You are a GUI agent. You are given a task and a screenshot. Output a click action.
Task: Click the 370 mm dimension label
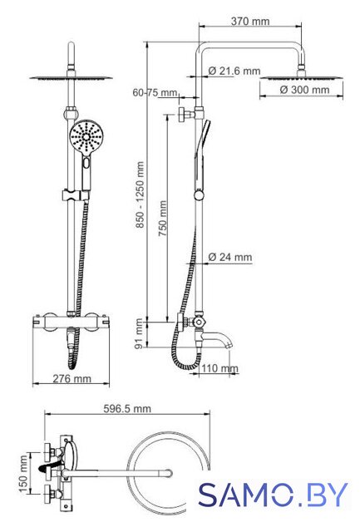click(250, 21)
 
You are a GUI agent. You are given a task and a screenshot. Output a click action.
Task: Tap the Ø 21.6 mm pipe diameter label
click(234, 71)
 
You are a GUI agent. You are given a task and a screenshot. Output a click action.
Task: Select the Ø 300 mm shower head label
click(304, 90)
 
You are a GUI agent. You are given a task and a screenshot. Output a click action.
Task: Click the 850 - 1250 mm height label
click(140, 195)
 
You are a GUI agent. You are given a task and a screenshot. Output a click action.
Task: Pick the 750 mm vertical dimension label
click(162, 218)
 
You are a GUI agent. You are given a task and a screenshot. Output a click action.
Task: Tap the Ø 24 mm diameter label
click(229, 257)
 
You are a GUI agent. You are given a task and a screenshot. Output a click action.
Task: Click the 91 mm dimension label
click(139, 333)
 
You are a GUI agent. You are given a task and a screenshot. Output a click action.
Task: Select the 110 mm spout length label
click(219, 368)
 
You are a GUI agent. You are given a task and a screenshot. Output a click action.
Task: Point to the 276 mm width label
click(72, 378)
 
